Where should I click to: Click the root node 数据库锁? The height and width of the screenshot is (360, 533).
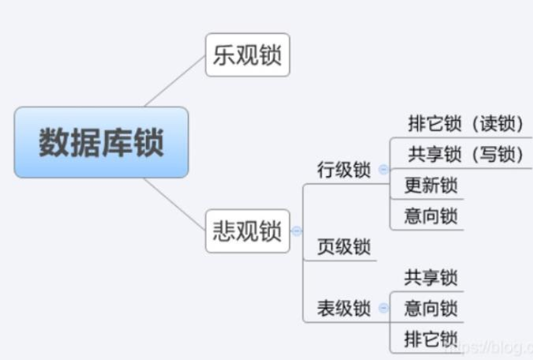click(101, 143)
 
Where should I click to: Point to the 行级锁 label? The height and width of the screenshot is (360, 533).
click(343, 169)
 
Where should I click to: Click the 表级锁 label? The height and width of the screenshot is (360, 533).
click(343, 307)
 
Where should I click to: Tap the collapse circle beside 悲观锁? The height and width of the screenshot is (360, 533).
click(296, 231)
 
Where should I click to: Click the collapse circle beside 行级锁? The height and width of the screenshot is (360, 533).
click(383, 169)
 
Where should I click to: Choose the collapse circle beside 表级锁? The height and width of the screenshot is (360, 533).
click(383, 308)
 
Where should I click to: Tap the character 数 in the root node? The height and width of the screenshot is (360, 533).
click(53, 143)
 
